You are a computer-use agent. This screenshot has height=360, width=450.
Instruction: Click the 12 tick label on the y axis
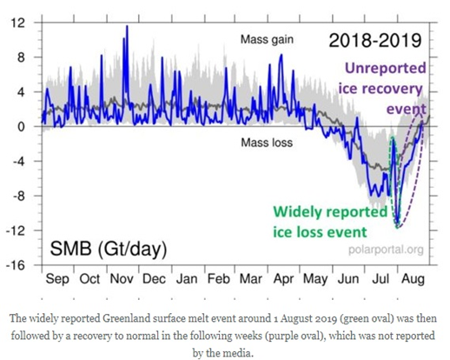coord(17,23)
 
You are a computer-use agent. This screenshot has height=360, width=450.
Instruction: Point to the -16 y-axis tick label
coord(16,265)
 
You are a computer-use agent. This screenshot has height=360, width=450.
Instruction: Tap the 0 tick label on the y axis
coord(21,127)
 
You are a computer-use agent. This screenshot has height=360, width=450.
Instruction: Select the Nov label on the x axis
coord(122,279)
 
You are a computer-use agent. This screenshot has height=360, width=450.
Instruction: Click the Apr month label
coord(283,280)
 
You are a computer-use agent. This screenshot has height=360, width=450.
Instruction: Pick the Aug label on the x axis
coord(414,280)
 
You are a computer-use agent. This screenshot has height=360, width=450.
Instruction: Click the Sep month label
coord(57,280)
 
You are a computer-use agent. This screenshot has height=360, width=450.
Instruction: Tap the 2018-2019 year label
coord(375,40)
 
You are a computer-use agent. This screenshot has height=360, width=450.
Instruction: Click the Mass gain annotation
coord(267,40)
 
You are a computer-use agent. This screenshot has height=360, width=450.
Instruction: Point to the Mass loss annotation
coord(267,143)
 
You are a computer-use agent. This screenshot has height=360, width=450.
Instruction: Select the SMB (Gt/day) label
coord(109,249)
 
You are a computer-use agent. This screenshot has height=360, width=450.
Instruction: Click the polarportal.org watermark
coord(386,250)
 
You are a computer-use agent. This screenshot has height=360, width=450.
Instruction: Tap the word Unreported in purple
coord(386,69)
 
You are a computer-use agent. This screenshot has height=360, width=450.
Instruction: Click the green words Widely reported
coord(330,212)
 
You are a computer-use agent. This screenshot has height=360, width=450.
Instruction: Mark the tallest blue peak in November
coord(127,26)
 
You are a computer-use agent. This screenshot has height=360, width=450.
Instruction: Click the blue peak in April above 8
coord(281,55)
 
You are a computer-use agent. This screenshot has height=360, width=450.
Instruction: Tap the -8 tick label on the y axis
coord(17,196)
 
